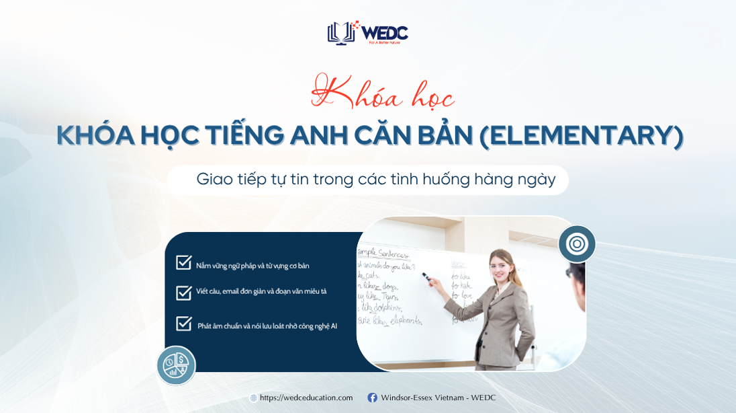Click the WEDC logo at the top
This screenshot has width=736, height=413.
point(367,32)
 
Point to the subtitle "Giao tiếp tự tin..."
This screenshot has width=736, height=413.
point(375,180)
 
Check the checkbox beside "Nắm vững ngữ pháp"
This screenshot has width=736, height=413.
point(184,263)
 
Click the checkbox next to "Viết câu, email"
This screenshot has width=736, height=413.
point(184,293)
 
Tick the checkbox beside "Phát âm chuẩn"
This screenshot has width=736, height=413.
point(184,324)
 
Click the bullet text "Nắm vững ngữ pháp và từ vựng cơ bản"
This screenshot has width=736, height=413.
point(252,266)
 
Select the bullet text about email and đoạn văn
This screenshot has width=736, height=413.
point(261,291)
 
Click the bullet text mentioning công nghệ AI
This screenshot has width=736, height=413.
point(267,326)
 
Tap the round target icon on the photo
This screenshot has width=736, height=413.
point(577,243)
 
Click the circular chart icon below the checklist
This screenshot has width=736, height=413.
point(176,365)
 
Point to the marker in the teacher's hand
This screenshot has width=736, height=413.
point(425,275)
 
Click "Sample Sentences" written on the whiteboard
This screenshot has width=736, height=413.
point(382,254)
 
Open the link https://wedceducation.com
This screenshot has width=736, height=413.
point(306,398)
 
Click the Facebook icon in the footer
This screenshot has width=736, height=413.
point(372,398)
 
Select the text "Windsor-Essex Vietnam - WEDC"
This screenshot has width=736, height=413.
point(438,398)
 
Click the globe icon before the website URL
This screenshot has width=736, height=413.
point(253,398)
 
